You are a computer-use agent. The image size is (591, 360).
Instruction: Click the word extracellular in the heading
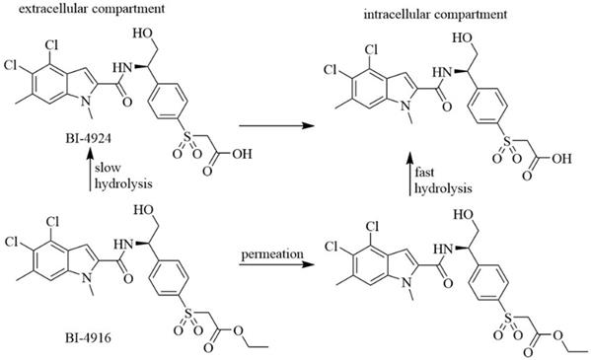pos(42,9)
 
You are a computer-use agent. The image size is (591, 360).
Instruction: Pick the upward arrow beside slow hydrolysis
pos(88,170)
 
